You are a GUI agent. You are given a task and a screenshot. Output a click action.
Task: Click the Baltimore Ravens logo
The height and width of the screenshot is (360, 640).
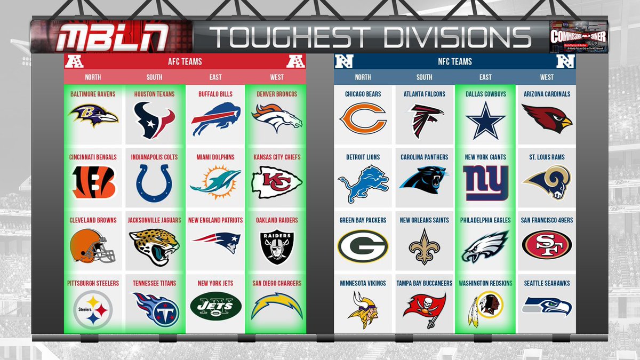point(93,116)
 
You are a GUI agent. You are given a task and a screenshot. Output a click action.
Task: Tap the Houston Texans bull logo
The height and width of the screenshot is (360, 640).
point(154,119)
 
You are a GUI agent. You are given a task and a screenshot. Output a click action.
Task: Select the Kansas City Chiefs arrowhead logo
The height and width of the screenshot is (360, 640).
point(277,182)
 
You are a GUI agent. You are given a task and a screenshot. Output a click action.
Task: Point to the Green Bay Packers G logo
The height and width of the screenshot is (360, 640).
point(362,246)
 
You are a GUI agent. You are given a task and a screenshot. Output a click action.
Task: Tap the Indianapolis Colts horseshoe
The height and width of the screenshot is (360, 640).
point(154,182)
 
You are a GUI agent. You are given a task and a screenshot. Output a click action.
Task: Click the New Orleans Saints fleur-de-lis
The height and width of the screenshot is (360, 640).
point(424,246)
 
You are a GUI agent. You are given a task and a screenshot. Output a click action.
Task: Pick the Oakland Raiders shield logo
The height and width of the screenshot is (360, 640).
point(277,246)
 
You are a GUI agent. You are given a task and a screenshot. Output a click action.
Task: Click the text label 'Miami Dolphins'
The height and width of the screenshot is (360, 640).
point(215,157)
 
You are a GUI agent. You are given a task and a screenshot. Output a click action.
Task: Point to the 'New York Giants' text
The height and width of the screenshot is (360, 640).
point(485,157)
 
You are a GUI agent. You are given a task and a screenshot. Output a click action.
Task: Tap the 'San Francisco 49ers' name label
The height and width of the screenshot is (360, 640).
point(547,220)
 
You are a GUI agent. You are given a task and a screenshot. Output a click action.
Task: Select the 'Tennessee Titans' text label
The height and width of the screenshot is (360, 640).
point(154,283)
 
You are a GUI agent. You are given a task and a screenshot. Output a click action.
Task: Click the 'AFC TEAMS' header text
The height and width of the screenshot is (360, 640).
point(185,62)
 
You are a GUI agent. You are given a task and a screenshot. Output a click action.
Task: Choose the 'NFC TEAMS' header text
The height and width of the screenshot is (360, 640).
point(454,62)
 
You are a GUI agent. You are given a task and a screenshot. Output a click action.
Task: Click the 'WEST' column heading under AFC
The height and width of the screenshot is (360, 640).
point(277,77)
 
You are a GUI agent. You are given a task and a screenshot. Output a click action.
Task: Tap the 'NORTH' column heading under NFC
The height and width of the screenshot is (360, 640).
point(363,77)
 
